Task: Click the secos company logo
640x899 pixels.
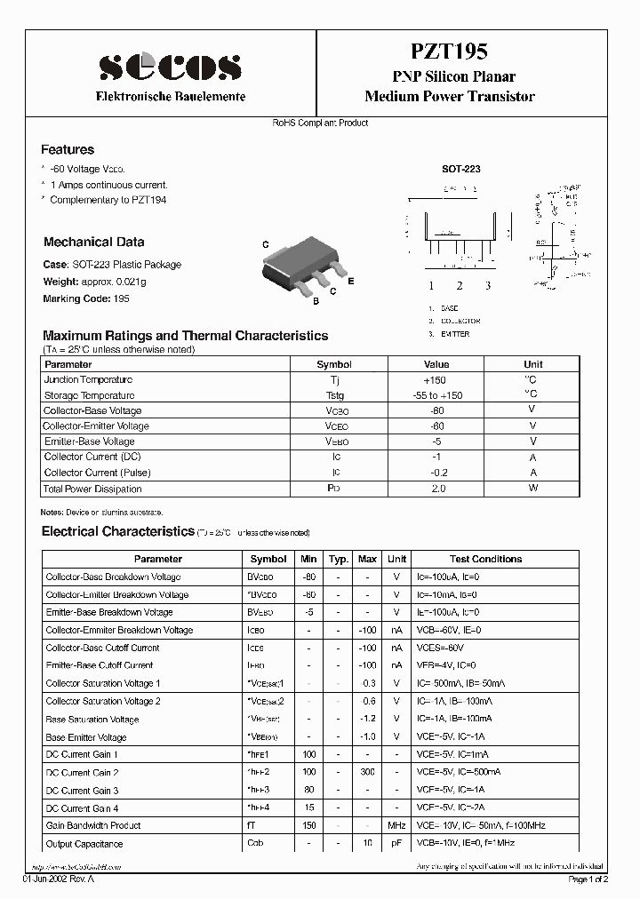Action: pyautogui.click(x=170, y=66)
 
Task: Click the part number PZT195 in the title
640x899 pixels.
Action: pyautogui.click(x=449, y=52)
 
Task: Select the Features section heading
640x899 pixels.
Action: pyautogui.click(x=68, y=150)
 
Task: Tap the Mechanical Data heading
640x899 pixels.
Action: pyautogui.click(x=93, y=242)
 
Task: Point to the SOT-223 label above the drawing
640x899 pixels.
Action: pyautogui.click(x=461, y=168)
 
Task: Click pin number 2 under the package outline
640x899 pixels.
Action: pyautogui.click(x=460, y=285)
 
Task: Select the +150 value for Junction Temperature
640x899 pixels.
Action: pyautogui.click(x=436, y=379)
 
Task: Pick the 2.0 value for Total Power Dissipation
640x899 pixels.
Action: pyautogui.click(x=436, y=489)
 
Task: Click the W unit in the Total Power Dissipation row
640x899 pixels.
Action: pyautogui.click(x=532, y=489)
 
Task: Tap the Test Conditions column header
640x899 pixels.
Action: pyautogui.click(x=485, y=559)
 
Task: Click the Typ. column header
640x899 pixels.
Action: pyautogui.click(x=338, y=559)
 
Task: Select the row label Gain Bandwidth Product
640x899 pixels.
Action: pyautogui.click(x=93, y=825)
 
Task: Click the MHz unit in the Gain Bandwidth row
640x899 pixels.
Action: pyautogui.click(x=396, y=825)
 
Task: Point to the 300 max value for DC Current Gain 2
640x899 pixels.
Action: pyautogui.click(x=367, y=773)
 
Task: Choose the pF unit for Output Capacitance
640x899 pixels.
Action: pyautogui.click(x=396, y=844)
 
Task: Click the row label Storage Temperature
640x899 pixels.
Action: pyautogui.click(x=90, y=395)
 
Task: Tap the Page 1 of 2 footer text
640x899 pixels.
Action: pyautogui.click(x=587, y=879)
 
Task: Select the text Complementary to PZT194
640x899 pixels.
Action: pyautogui.click(x=108, y=200)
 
